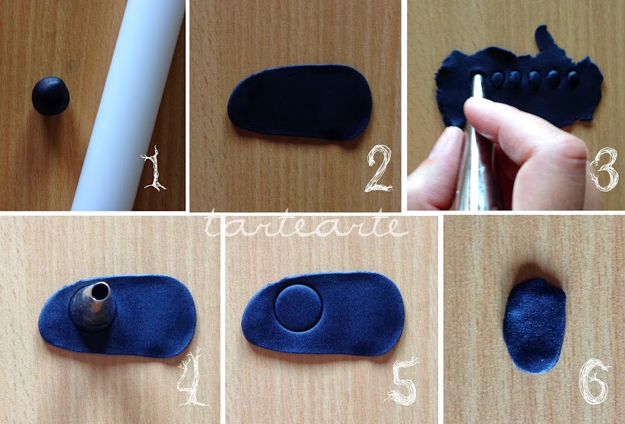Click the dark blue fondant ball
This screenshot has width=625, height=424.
(x=51, y=96)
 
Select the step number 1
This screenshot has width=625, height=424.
(x=154, y=168)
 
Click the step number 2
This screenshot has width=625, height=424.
(x=379, y=168)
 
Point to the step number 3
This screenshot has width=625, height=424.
(x=605, y=169)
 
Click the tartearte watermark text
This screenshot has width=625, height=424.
(x=306, y=225)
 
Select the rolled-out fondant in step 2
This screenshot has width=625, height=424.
(x=300, y=103)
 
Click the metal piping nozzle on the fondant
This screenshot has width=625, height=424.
(x=92, y=307)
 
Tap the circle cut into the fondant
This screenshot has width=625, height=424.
(x=298, y=308)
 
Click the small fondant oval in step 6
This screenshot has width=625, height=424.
(x=534, y=325)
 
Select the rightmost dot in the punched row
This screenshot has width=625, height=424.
(x=573, y=78)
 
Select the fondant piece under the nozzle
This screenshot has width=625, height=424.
(x=117, y=316)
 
